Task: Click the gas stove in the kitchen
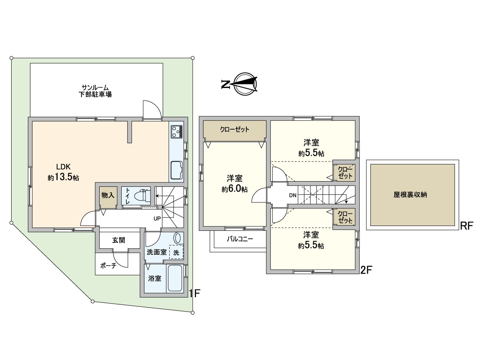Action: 176,131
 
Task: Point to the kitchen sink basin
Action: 176,170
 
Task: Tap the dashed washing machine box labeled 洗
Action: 176,252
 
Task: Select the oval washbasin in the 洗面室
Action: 178,238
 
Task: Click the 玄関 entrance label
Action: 119,240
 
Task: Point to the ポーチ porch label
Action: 108,266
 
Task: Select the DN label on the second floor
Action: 293,196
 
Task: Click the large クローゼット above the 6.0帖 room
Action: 235,130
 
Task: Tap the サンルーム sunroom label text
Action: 95,88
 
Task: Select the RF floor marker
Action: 466,226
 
